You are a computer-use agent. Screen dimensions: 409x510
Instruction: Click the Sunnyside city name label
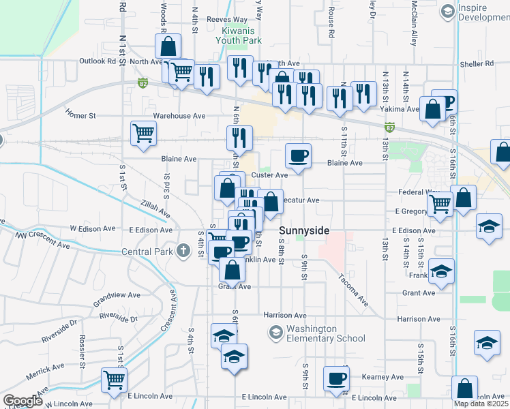(304, 231)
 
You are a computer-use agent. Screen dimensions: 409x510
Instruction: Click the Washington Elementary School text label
(326, 333)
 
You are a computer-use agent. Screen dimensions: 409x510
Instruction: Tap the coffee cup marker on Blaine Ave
(298, 156)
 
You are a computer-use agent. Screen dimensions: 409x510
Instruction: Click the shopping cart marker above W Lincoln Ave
(114, 380)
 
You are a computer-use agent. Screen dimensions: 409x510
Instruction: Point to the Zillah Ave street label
(156, 209)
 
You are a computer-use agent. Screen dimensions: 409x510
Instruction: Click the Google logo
(22, 401)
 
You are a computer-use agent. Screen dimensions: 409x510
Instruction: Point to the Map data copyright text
(481, 404)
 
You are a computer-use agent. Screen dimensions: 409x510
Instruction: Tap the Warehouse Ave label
(179, 116)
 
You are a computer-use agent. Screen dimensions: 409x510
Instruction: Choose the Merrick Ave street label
(44, 376)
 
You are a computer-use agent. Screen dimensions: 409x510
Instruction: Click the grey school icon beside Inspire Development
(447, 11)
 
